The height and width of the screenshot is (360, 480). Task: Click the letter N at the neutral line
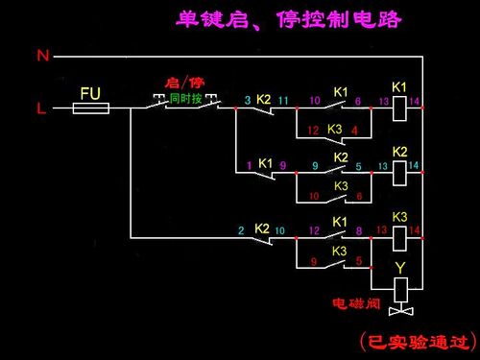(42, 56)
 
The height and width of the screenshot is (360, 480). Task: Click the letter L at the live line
(41, 108)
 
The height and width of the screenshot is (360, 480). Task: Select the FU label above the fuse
(90, 93)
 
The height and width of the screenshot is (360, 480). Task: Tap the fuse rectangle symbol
(91, 108)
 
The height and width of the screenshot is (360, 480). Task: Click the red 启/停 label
(185, 84)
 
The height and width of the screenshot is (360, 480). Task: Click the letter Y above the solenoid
(401, 266)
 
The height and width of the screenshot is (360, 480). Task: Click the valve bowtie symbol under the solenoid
(401, 310)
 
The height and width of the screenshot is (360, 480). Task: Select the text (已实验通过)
(416, 340)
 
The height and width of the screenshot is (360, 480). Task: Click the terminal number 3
(247, 100)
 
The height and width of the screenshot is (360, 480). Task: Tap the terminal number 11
(282, 100)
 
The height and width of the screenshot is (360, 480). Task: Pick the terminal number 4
(355, 130)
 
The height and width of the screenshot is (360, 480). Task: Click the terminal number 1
(248, 165)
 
